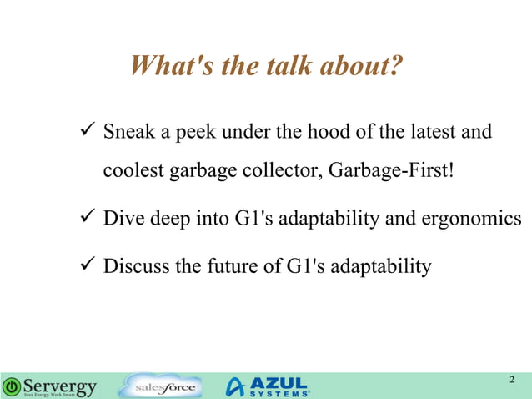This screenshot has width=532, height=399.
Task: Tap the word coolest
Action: point(133,171)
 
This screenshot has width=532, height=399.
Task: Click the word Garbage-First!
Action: point(392,171)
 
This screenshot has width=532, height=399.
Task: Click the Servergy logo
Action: point(50,386)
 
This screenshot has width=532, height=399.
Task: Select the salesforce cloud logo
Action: point(160,386)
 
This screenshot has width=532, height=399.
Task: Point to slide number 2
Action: point(512,381)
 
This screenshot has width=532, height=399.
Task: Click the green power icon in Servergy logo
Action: point(12,386)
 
